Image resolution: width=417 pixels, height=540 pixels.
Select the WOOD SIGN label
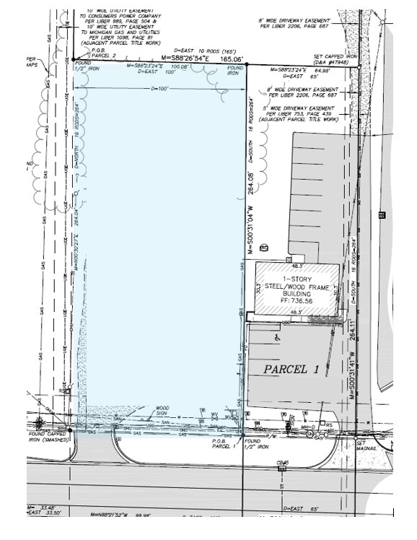163,410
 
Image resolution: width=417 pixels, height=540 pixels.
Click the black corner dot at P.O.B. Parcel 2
74,60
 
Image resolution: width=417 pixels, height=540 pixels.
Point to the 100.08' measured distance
177,66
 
